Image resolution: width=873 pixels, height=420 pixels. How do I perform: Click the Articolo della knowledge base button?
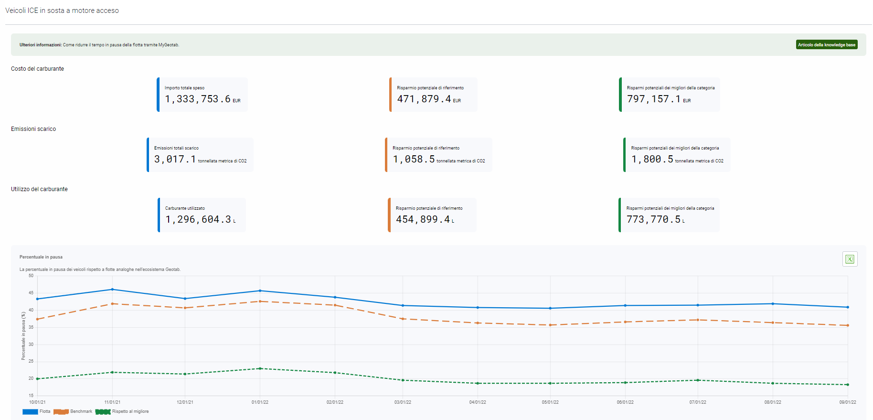pyautogui.click(x=826, y=44)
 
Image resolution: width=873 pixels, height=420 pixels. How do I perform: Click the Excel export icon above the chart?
pyautogui.click(x=850, y=259)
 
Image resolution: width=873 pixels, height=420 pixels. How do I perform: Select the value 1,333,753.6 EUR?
pyautogui.click(x=198, y=99)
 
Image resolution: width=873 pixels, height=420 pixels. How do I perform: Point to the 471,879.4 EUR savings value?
pyautogui.click(x=424, y=99)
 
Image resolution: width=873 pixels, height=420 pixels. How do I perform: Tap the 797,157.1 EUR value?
pyautogui.click(x=654, y=99)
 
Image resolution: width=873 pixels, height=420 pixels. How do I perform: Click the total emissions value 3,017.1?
pyautogui.click(x=175, y=159)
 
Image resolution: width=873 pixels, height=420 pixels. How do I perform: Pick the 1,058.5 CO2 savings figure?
pyautogui.click(x=414, y=159)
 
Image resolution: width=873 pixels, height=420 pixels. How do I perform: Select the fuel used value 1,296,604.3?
pyautogui.click(x=198, y=219)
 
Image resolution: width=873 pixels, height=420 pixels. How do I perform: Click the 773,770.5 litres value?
pyautogui.click(x=653, y=219)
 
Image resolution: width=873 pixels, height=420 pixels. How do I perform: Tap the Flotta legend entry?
pyautogui.click(x=36, y=411)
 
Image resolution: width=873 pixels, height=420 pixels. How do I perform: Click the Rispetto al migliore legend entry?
pyautogui.click(x=122, y=411)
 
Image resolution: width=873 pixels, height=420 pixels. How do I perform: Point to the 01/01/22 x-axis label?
pyautogui.click(x=260, y=402)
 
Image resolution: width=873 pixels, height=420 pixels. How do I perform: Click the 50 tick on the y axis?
pyautogui.click(x=31, y=276)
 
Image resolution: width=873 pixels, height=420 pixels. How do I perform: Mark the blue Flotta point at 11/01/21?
pyautogui.click(x=112, y=289)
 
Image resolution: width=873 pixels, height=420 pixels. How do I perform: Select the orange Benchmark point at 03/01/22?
pyautogui.click(x=403, y=319)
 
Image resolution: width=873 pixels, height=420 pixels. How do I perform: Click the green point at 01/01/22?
pyautogui.click(x=260, y=368)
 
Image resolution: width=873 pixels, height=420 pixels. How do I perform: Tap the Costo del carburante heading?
pyautogui.click(x=37, y=69)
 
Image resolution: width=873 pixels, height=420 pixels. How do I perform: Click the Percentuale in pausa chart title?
pyautogui.click(x=41, y=257)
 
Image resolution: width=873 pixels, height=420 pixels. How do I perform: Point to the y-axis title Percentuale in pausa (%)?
pyautogui.click(x=23, y=335)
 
